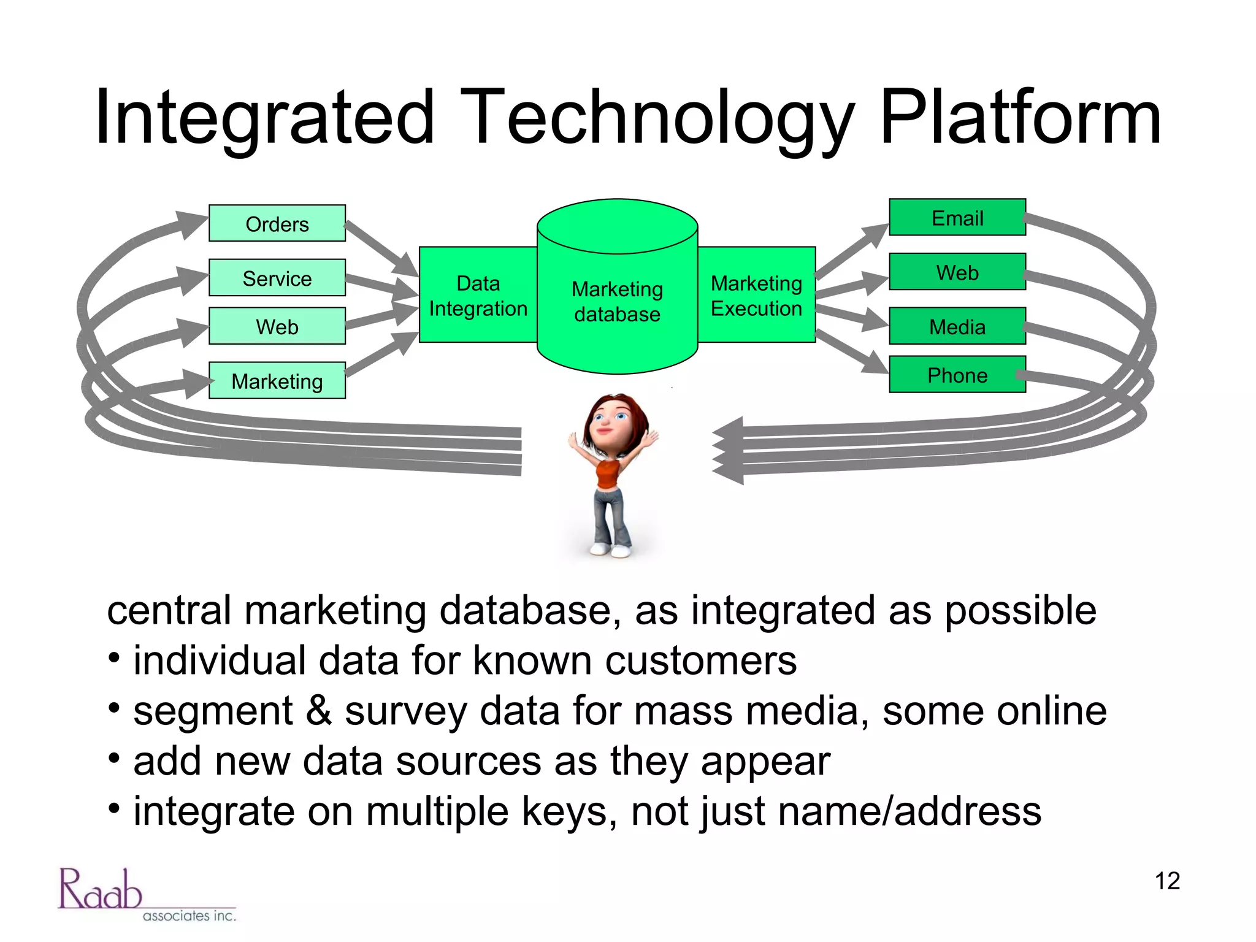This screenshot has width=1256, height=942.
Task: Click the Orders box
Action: coord(277,223)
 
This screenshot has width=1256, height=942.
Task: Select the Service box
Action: coord(277,278)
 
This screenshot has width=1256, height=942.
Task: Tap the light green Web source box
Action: coord(277,326)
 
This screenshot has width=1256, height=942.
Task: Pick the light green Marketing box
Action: coord(277,381)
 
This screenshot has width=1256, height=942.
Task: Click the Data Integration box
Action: coord(478,296)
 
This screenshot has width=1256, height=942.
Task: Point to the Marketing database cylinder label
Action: coord(617,301)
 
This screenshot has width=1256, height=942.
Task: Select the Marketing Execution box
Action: coord(756,296)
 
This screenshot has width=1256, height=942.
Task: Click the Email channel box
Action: coord(957,218)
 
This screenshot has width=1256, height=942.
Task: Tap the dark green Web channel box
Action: coord(957,272)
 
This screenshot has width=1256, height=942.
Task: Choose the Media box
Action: coord(957,326)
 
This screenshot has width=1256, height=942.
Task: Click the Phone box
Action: coord(957,375)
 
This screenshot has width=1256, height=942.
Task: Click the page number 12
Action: coord(1166,881)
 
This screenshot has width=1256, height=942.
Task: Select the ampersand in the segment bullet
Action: coord(319,711)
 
